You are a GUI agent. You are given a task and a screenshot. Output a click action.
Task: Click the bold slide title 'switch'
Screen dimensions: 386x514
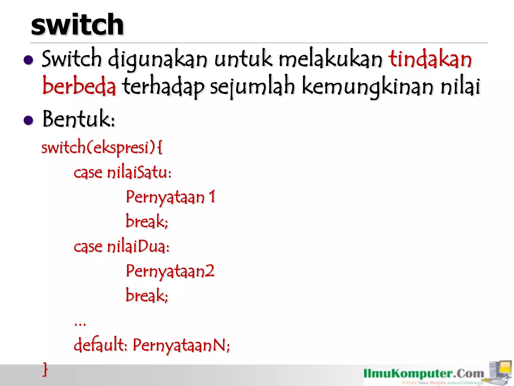point(77,25)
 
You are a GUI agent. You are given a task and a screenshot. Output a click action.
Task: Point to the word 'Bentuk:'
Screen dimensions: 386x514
point(79,119)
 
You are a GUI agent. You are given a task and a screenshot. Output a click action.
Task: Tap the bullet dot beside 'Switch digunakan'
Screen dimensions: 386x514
point(28,60)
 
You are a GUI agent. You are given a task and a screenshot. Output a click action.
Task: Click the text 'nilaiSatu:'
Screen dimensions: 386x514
point(139,173)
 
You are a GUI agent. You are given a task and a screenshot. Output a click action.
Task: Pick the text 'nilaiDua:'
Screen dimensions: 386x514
point(138,247)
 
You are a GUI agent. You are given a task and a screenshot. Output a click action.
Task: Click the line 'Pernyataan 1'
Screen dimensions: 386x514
point(170,197)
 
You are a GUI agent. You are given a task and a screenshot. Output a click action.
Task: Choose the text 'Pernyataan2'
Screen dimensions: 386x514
point(170,271)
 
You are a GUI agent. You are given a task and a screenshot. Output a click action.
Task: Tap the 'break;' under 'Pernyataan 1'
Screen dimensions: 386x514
point(147,221)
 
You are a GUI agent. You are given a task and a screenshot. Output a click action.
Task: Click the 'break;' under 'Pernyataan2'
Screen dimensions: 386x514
point(147,295)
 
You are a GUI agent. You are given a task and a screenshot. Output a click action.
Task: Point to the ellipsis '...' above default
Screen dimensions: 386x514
point(80,324)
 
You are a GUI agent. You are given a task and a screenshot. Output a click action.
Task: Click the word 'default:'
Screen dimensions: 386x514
point(100,345)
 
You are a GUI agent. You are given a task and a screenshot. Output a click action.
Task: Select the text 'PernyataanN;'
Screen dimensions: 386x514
point(181,345)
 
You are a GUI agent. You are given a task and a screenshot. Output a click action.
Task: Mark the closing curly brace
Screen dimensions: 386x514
point(45,369)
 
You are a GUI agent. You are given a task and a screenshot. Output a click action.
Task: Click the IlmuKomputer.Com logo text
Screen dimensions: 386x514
point(424,374)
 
